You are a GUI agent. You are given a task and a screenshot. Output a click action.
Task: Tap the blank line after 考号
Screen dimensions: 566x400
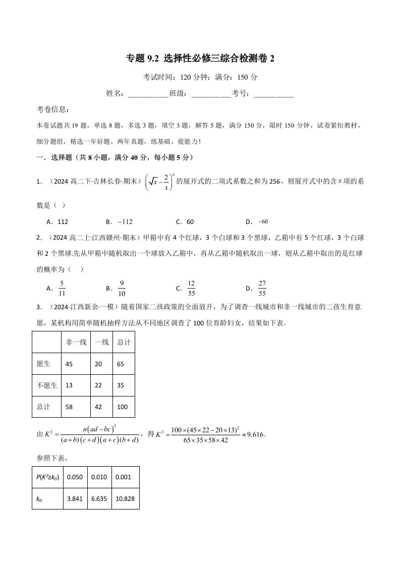click(x=273, y=94)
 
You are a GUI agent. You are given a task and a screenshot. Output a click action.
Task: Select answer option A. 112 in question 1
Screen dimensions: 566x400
click(x=57, y=221)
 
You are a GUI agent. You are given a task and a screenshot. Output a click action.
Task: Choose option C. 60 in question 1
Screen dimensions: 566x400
click(x=185, y=221)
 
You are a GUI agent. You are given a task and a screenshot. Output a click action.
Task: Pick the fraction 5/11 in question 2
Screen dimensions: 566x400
click(x=62, y=288)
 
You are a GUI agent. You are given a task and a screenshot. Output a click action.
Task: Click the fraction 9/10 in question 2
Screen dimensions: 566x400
click(x=122, y=288)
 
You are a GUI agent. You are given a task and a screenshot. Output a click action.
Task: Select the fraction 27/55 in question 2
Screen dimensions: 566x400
click(x=262, y=288)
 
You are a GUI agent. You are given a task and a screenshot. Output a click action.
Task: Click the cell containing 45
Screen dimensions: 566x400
click(x=70, y=364)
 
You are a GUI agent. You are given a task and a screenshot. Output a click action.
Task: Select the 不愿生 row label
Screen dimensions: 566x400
click(x=46, y=385)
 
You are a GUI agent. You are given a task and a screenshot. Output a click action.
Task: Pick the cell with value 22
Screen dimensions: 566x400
click(x=98, y=385)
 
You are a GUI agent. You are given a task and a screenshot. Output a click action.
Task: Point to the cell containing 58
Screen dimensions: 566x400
click(x=70, y=407)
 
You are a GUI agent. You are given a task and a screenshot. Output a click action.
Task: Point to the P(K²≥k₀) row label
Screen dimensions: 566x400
click(x=47, y=477)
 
